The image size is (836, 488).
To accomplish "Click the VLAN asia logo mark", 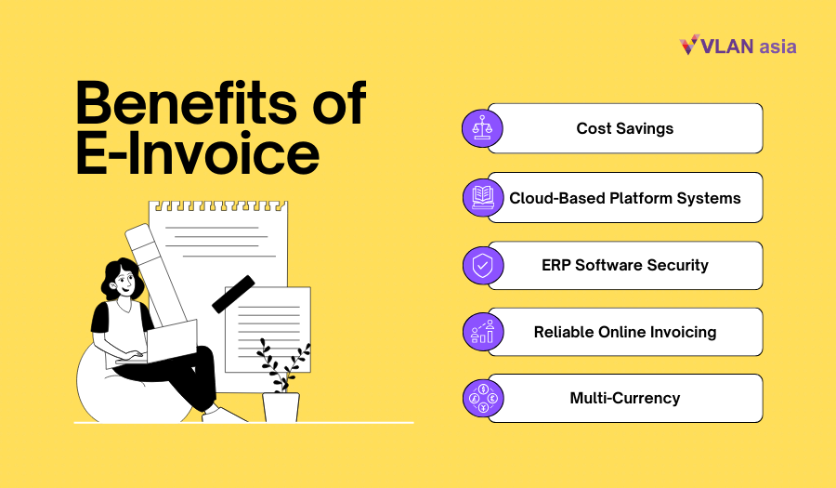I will (690, 45).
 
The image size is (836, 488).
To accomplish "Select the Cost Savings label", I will (624, 128).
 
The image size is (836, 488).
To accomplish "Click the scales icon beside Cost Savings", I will (481, 128).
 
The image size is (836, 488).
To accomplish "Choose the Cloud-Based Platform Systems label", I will (624, 197).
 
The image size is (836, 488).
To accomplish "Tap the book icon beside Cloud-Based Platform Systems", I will (481, 197).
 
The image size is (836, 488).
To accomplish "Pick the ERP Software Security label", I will (624, 265).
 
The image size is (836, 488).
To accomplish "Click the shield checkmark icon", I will (481, 265).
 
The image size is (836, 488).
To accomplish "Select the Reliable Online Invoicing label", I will (624, 332).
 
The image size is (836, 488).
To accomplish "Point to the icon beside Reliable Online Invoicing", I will (481, 332).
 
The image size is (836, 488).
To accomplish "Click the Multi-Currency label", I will (624, 398).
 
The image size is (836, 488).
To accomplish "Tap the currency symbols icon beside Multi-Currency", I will (481, 398).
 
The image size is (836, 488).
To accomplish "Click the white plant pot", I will (281, 407).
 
